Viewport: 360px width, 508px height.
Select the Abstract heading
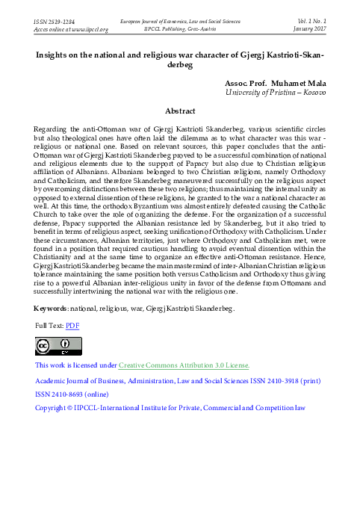click(x=179, y=111)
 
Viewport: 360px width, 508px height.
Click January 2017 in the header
click(x=309, y=30)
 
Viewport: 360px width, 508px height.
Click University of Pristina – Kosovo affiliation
click(x=276, y=91)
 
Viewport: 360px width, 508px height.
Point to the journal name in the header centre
click(x=181, y=22)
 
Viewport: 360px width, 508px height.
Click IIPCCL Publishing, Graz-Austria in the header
click(x=181, y=30)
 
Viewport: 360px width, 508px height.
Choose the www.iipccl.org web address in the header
click(x=88, y=30)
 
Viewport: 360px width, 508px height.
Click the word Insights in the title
click(x=58, y=55)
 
